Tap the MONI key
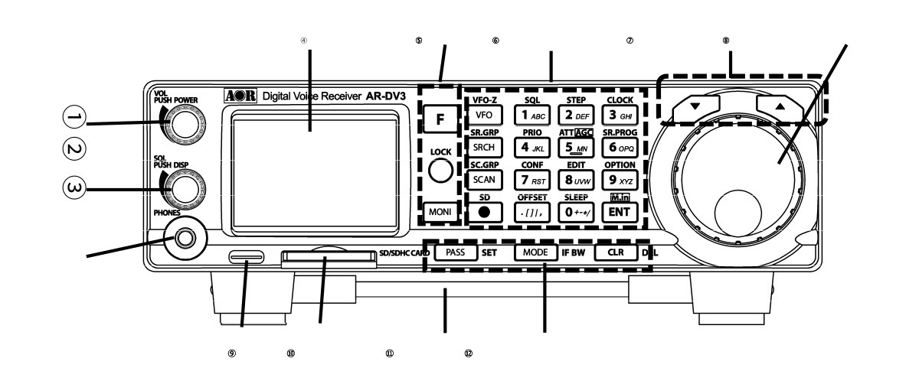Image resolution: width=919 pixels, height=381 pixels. [x=440, y=210]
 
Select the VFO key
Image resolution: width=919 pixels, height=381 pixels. [x=483, y=115]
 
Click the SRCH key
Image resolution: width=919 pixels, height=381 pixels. [x=483, y=147]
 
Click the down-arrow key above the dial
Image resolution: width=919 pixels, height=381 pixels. [x=695, y=108]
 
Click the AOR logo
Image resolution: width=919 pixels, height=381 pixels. [x=240, y=97]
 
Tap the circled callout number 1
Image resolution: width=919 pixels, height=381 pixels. [x=74, y=117]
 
